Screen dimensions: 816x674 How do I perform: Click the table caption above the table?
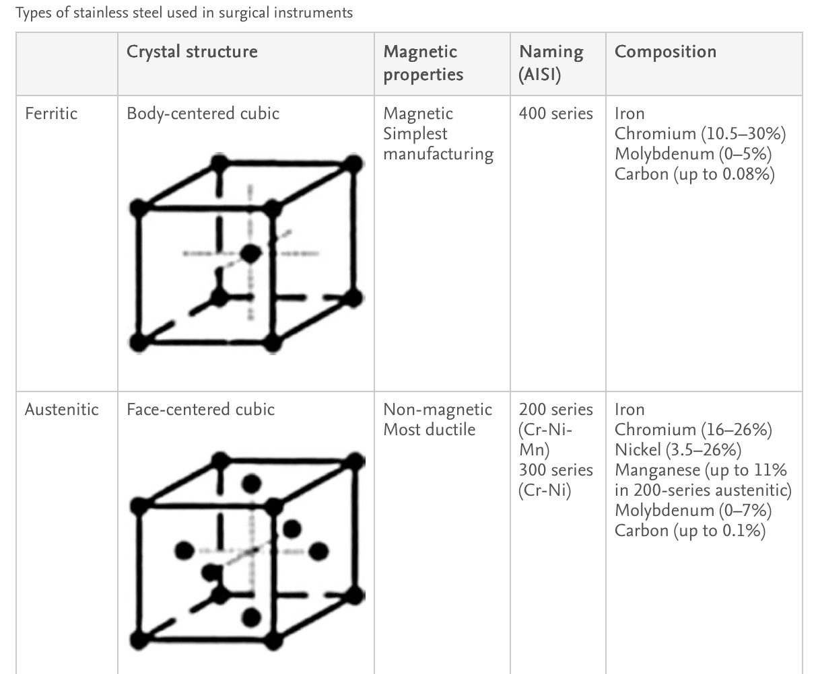184,13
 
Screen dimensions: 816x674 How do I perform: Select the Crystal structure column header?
192,52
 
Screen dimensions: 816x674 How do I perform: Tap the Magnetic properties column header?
423,63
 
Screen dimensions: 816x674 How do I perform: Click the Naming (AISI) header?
551,63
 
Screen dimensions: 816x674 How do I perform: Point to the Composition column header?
665,52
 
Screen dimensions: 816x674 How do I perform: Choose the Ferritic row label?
51,113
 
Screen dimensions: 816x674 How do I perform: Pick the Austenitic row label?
61,409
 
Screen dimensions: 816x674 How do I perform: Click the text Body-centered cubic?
203,113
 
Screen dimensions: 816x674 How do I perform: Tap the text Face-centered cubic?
201,409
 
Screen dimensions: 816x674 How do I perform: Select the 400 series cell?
555,113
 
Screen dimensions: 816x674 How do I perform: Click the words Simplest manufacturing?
438,144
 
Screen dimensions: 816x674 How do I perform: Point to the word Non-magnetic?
437,409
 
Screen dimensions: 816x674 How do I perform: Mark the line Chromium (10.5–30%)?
700,134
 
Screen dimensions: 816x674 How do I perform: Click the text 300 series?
555,470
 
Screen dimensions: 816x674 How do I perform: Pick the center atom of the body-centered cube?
250,254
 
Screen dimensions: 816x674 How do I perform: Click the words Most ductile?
429,429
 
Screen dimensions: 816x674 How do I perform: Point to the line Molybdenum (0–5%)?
693,154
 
